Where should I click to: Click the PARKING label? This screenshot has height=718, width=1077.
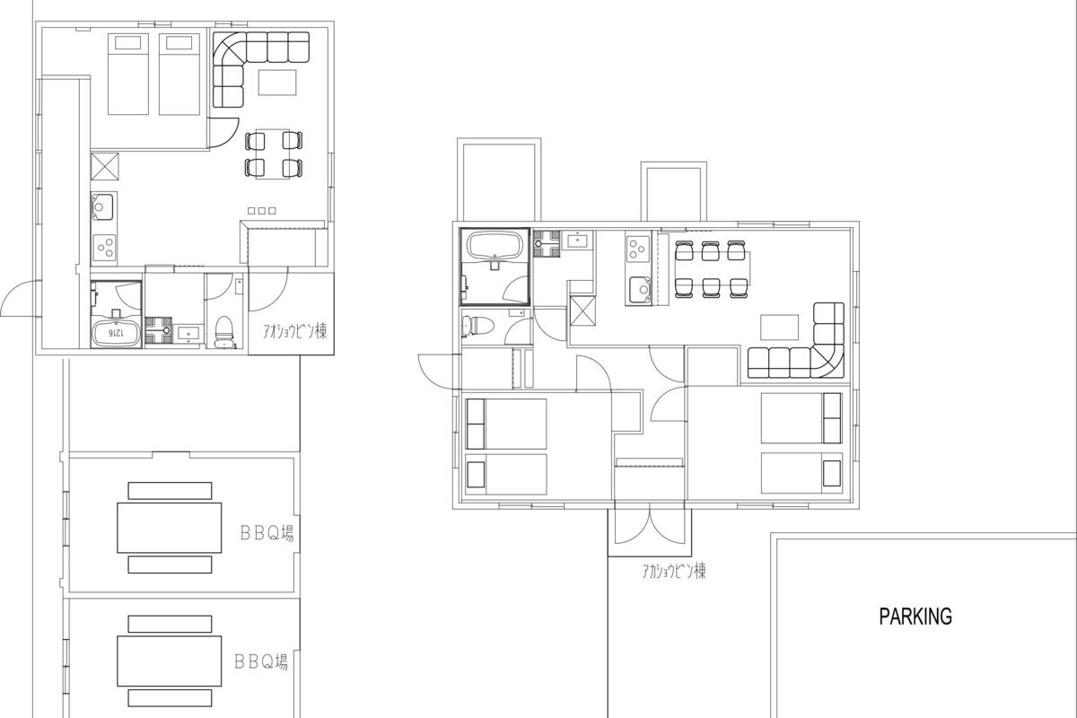point(915,617)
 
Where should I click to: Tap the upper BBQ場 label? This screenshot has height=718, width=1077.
point(267,533)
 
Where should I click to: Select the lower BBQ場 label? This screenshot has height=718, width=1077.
point(261,662)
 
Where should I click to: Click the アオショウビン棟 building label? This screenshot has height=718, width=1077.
point(294,331)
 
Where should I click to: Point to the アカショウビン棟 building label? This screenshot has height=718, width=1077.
point(674,572)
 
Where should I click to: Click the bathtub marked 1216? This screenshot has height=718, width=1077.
point(116,333)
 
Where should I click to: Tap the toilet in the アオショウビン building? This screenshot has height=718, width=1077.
point(223,331)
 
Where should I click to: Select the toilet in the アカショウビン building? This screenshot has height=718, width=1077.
point(477,326)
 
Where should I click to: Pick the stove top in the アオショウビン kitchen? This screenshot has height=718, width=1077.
point(104,248)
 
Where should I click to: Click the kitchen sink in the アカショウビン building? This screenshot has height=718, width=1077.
point(639,290)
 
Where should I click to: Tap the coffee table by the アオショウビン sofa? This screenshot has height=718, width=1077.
point(277,83)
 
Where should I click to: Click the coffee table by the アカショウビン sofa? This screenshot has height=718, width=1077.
point(779,328)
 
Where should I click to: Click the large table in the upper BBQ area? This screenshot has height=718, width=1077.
point(170,528)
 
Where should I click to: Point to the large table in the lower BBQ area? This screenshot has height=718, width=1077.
point(170,661)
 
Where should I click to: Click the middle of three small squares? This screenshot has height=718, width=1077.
point(261,211)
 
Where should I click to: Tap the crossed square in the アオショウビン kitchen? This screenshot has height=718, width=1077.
point(104,166)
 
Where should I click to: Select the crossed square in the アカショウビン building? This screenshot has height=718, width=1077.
point(582,311)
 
